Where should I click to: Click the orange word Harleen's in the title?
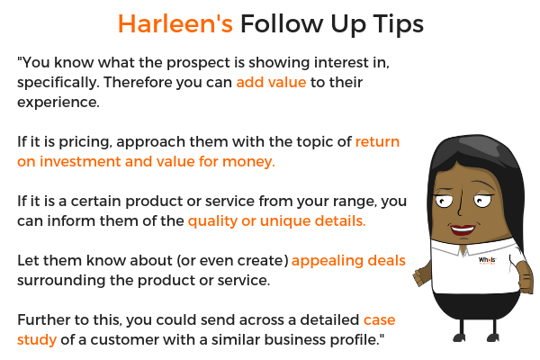175,23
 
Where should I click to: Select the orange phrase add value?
271,82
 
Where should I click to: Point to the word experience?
58,103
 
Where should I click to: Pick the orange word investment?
80,162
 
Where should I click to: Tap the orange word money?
248,162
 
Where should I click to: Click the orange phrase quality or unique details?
277,221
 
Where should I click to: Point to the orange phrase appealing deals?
348,261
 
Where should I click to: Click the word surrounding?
61,281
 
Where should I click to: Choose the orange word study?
37,340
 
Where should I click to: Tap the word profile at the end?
356,340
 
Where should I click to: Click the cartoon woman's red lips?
463,229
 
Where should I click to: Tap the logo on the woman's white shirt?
487,260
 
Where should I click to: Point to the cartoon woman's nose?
461,207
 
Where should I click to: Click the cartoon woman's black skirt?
476,305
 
